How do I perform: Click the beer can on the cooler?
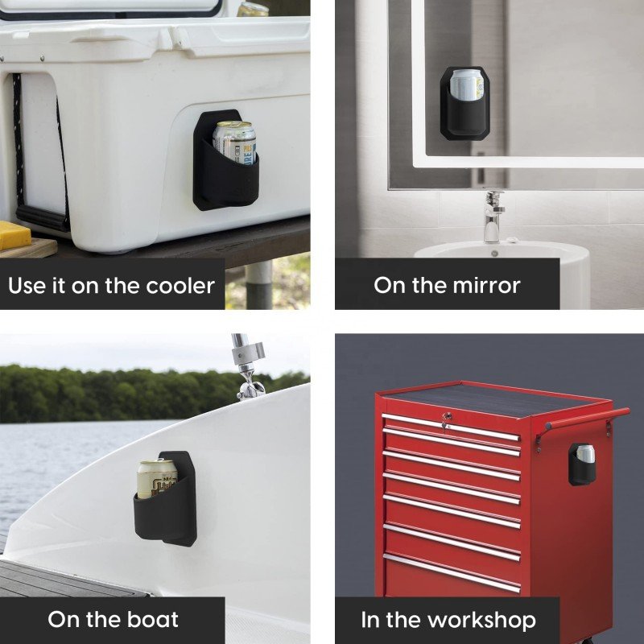[x=234, y=142]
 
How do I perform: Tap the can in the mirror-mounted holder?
[x=466, y=85]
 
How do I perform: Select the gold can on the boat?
[x=156, y=478]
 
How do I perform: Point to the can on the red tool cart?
[x=585, y=454]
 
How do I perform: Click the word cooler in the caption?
[x=180, y=286]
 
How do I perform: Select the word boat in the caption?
[x=153, y=619]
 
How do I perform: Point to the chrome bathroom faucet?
[x=493, y=216]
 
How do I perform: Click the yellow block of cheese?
[x=14, y=235]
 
